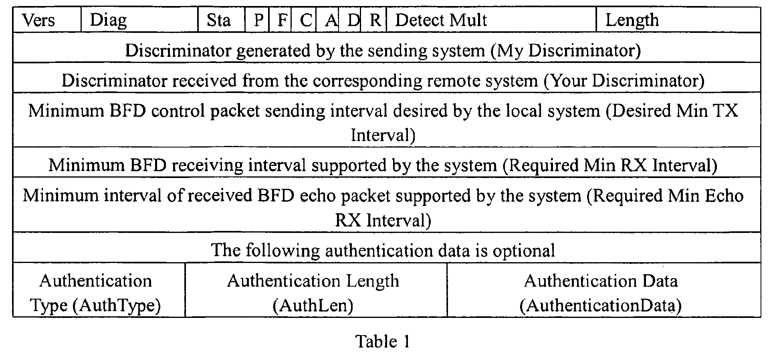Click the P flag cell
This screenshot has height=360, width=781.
258,20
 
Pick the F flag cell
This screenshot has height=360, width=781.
282,20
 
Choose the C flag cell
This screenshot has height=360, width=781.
305,20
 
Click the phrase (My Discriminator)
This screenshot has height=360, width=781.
566,51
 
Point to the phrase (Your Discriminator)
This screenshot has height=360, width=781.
624,81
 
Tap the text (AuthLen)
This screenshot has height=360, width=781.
313,306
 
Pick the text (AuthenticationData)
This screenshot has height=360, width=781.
601,306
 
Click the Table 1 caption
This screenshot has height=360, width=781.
383,342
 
